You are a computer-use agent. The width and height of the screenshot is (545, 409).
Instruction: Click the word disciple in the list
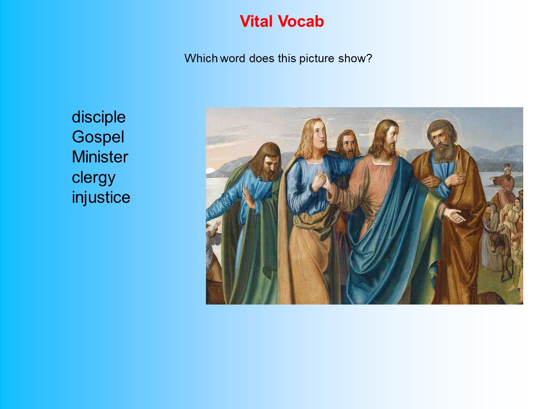pos(98,117)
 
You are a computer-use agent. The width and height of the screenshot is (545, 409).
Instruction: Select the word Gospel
pos(98,137)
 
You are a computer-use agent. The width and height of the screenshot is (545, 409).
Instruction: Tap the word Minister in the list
pos(100,157)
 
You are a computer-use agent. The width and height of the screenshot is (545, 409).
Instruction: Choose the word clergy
pos(93,177)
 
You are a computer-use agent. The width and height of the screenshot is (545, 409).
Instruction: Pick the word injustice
pos(101,197)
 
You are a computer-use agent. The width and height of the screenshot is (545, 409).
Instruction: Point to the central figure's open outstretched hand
pos(454,215)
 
